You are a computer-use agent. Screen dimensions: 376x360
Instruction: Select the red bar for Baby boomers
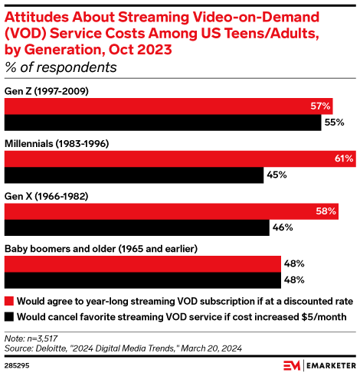(142, 263)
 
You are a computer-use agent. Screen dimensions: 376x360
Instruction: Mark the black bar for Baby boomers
(142, 280)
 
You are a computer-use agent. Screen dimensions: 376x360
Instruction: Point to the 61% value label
(343, 159)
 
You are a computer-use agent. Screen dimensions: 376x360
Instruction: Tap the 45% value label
(277, 175)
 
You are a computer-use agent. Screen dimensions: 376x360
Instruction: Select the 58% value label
(326, 211)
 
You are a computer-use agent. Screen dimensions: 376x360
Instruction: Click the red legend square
(9, 300)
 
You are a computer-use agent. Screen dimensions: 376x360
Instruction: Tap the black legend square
(9, 315)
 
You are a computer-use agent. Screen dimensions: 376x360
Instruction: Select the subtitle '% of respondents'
(61, 67)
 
